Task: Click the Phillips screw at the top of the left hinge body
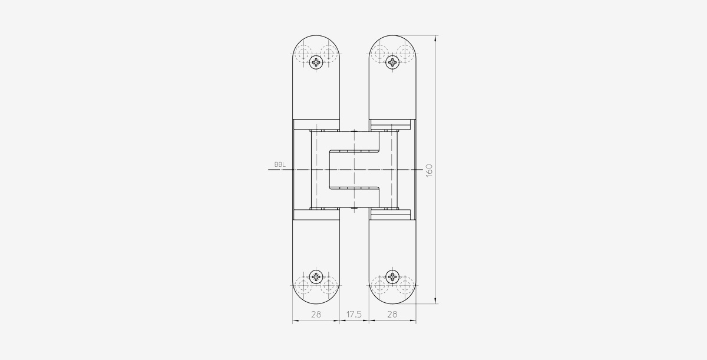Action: point(316,62)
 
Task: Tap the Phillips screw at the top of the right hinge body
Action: point(392,62)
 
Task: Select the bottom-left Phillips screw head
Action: point(316,277)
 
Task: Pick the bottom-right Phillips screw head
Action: point(392,277)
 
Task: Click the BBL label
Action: point(280,164)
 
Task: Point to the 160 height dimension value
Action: point(429,170)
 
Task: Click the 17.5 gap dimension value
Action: point(354,314)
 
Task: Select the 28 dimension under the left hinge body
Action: point(316,314)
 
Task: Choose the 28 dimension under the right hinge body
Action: point(392,314)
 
